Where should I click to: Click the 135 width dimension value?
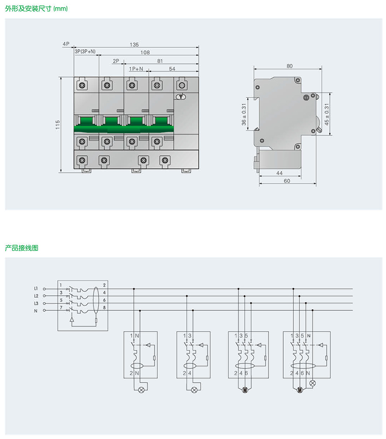(x=135, y=44)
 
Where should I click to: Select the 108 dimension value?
(x=145, y=52)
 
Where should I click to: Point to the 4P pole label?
(x=66, y=44)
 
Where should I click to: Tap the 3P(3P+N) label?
(x=85, y=52)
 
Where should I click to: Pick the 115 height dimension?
(x=57, y=124)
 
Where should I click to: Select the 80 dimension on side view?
(x=289, y=66)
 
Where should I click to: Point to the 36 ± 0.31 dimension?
(x=244, y=115)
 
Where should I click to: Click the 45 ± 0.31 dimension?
(x=327, y=115)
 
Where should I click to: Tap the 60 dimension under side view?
(x=287, y=181)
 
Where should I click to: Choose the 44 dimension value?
(x=279, y=173)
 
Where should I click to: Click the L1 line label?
(x=36, y=288)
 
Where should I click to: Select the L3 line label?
(x=36, y=303)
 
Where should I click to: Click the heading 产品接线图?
(x=21, y=248)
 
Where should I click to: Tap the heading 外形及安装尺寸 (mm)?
(x=36, y=9)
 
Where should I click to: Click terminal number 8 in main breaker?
(x=105, y=307)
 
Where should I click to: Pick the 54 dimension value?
(x=172, y=69)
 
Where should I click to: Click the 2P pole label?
(x=116, y=61)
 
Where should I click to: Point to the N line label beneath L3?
(x=36, y=310)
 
